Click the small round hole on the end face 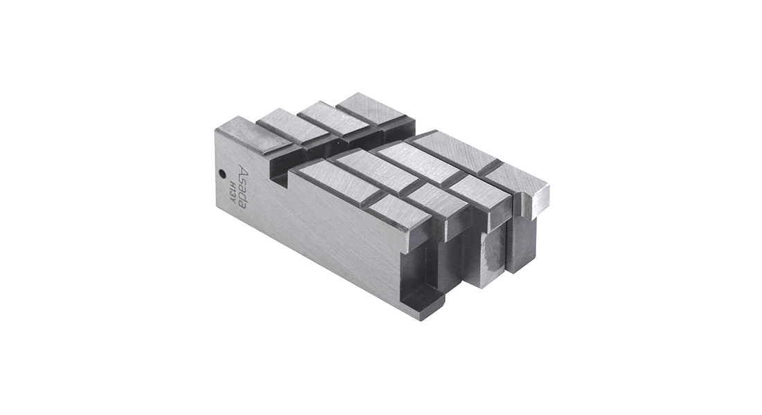[222, 174]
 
